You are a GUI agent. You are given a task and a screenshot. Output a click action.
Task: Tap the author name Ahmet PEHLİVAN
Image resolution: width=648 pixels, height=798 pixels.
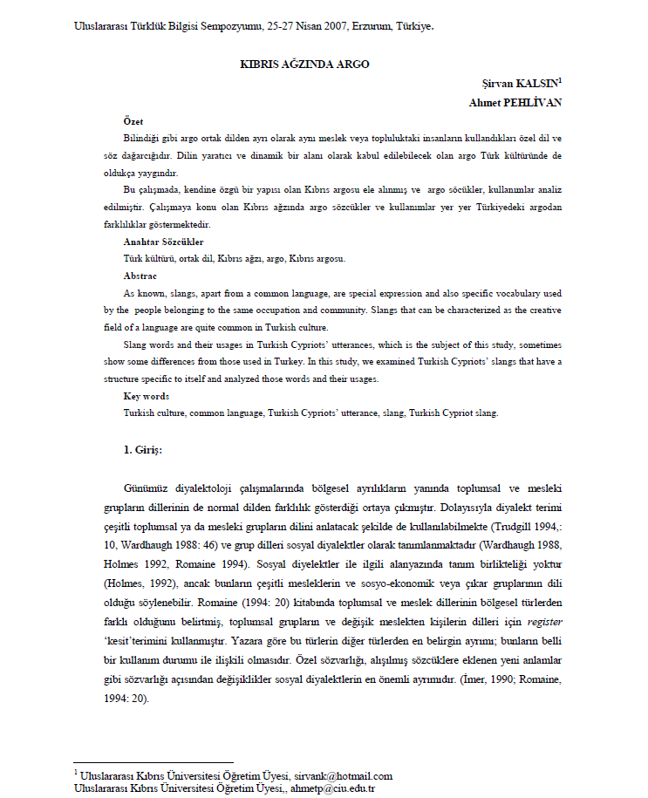pos(515,102)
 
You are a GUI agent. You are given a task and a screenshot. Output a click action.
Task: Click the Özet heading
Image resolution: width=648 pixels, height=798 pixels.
pos(133,121)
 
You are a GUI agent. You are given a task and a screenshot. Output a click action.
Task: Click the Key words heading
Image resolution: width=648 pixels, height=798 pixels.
pos(146,395)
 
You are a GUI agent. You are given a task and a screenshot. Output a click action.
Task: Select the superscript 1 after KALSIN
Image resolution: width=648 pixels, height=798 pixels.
pos(560,81)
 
